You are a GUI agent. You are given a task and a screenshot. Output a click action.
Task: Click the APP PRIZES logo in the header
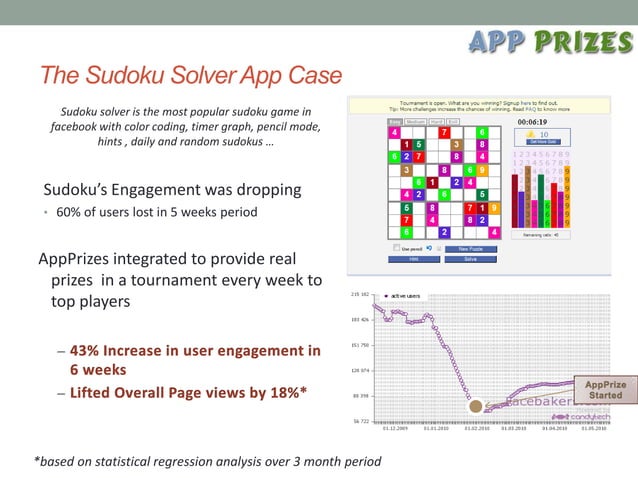[x=548, y=42]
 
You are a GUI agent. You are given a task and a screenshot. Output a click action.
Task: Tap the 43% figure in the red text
[x=90, y=351]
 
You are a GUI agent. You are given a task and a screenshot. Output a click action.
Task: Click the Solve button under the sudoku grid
[x=470, y=258]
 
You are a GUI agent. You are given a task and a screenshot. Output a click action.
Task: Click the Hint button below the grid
[x=412, y=258]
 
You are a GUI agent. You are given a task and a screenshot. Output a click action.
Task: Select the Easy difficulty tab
[x=395, y=122]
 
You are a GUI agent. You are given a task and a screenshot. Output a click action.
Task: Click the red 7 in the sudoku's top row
[x=444, y=132]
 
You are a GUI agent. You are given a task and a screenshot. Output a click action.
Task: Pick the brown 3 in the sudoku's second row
[x=456, y=144]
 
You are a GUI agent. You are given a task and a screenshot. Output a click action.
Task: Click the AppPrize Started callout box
[x=605, y=390]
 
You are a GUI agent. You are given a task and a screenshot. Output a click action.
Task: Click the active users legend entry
[x=403, y=296]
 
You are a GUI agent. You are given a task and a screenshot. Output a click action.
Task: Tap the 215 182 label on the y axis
[x=360, y=295]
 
